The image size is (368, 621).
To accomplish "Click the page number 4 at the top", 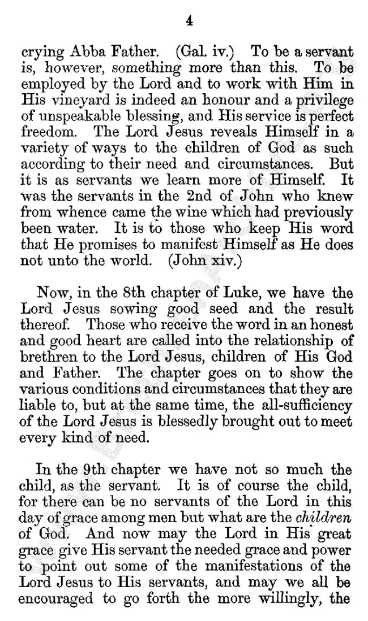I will click(189, 21).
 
